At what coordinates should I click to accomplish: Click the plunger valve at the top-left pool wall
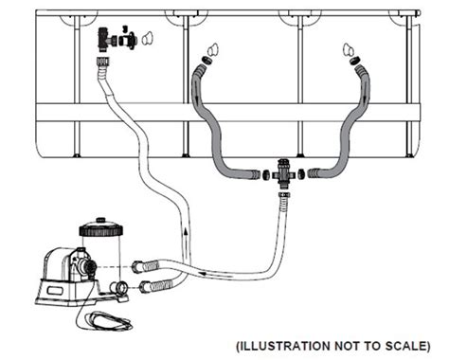(x=105, y=39)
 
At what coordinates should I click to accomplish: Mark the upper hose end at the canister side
(x=142, y=266)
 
